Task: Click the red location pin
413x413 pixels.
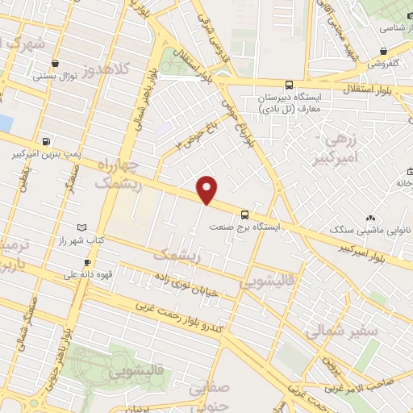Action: pyautogui.click(x=208, y=190)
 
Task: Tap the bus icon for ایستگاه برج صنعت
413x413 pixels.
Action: pyautogui.click(x=244, y=215)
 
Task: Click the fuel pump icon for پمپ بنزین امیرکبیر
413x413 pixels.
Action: pyautogui.click(x=44, y=139)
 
